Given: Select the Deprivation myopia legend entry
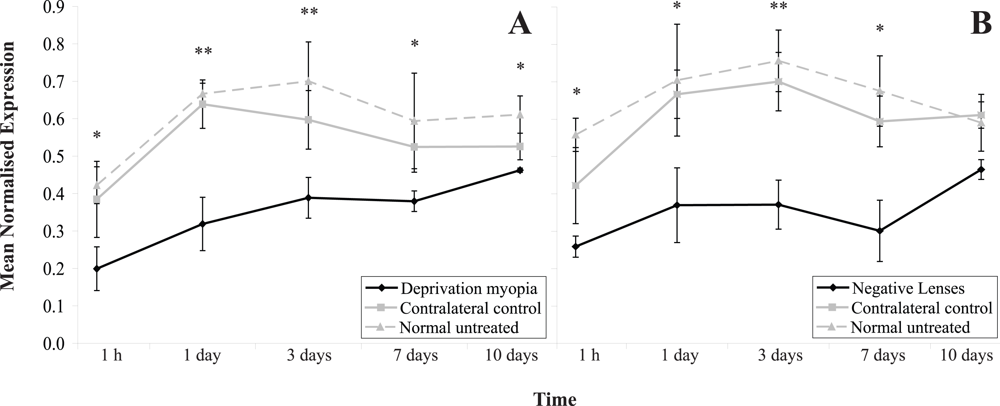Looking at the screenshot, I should [469, 288].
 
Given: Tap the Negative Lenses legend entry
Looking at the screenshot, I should [907, 288].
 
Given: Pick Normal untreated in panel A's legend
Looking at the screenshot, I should [459, 327].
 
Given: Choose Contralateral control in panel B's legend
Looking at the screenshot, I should [921, 308].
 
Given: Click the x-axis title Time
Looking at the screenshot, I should [555, 399].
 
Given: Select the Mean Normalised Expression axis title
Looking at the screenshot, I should [8, 166].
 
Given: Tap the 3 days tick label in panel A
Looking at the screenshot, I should [309, 355].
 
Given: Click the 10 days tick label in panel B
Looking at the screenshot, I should [966, 355].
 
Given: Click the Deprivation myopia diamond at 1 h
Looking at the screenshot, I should [97, 269].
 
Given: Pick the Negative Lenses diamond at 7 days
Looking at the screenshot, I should [880, 231].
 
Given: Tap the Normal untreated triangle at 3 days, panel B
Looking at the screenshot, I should [778, 61].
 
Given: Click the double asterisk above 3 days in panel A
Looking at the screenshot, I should [309, 12].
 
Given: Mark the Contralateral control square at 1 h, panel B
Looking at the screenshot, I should [576, 185].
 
